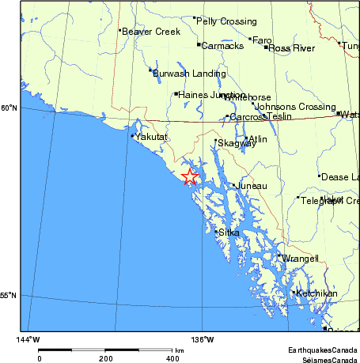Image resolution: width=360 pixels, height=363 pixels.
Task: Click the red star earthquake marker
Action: (x=189, y=176)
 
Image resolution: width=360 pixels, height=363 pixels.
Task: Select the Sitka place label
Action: (x=229, y=233)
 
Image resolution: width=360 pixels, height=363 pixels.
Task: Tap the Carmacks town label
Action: (x=222, y=46)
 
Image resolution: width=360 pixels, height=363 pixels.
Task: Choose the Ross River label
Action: (x=291, y=48)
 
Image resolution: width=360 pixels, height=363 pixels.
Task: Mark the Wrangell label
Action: (x=301, y=258)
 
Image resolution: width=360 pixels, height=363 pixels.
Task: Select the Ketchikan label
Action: (x=316, y=293)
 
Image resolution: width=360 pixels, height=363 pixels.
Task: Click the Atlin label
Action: (x=259, y=139)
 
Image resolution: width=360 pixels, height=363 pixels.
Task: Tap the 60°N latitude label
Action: (x=9, y=108)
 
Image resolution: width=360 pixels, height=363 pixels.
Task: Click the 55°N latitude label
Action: (x=9, y=296)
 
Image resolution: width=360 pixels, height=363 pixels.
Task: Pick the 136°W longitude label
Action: (x=203, y=340)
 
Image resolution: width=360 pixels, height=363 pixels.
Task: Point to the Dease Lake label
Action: (x=341, y=177)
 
